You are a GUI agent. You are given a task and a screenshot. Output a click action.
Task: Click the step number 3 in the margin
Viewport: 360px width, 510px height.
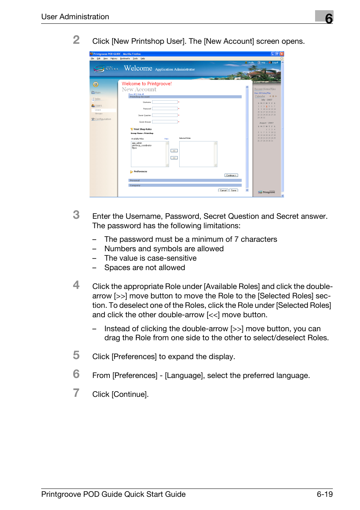point(76,215)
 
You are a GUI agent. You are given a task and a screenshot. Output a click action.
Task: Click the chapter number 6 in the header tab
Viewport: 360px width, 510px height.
point(329,18)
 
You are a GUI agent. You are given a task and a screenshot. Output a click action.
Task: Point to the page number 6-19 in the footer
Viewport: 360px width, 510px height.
point(325,494)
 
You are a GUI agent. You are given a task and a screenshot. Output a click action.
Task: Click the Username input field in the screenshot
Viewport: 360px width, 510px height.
point(165,102)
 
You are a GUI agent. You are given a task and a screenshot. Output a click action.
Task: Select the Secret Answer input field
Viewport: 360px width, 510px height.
point(165,122)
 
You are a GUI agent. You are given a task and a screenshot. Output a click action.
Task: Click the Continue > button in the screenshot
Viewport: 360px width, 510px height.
point(231,175)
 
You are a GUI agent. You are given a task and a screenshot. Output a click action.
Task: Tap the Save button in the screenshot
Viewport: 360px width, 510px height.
point(234,190)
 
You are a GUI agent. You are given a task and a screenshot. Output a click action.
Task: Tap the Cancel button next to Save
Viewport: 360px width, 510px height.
point(223,190)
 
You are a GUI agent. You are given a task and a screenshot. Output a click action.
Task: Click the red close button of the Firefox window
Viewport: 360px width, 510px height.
point(282,54)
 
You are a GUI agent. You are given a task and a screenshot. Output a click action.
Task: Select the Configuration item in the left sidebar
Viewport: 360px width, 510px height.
point(103,119)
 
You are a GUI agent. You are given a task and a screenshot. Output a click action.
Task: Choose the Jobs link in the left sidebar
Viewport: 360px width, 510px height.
point(97,99)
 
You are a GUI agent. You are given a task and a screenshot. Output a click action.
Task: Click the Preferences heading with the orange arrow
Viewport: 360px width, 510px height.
point(140,172)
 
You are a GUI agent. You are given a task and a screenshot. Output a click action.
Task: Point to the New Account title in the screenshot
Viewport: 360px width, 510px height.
point(139,89)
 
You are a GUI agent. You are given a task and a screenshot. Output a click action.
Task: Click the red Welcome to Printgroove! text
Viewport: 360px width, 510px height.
point(146,84)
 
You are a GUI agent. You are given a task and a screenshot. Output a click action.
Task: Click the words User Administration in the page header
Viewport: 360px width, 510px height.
point(75,17)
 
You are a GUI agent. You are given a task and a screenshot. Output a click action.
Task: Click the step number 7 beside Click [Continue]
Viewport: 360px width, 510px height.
point(76,393)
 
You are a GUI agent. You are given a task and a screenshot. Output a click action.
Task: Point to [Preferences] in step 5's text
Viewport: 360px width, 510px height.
point(134,356)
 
